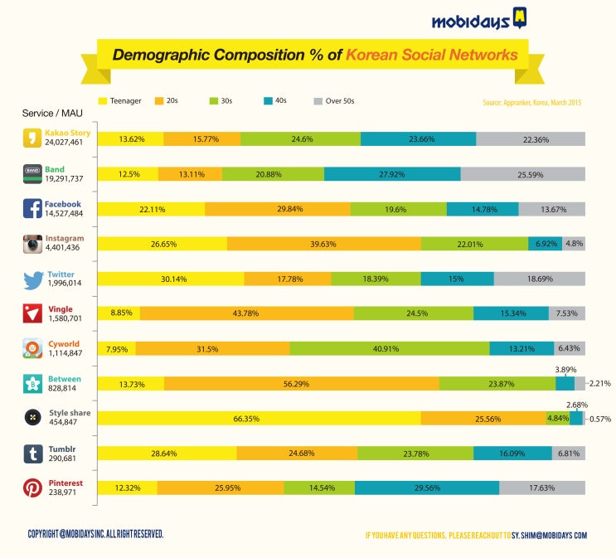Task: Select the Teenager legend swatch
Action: click(104, 101)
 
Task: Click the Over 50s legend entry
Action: click(319, 101)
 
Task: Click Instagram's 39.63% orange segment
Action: click(323, 243)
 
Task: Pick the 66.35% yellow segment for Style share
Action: click(259, 419)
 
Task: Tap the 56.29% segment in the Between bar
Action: click(302, 383)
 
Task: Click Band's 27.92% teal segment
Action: click(392, 173)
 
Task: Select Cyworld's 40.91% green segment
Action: click(390, 348)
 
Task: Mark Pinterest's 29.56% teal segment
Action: click(427, 488)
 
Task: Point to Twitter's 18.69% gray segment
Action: click(540, 279)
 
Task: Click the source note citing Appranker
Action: click(531, 103)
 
